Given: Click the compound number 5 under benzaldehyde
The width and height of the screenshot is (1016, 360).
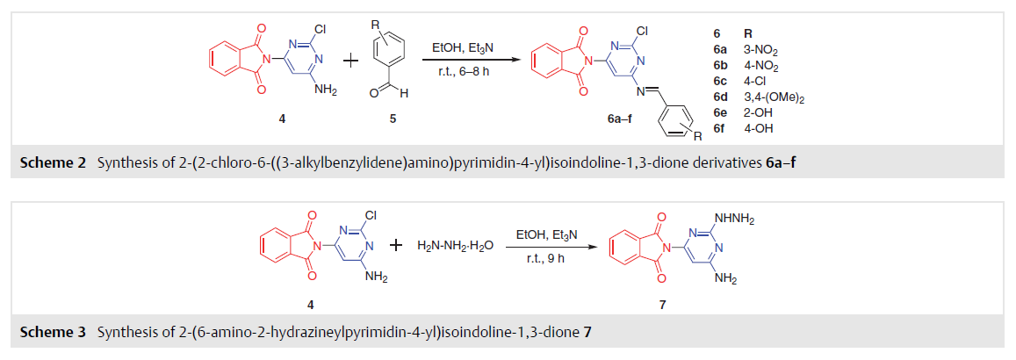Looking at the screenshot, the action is click(x=394, y=119).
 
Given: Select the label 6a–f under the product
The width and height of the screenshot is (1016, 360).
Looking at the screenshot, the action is click(x=611, y=119).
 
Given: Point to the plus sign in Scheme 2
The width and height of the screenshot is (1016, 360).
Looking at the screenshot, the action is click(x=350, y=61).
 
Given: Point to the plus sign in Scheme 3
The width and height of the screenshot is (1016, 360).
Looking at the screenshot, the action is click(x=397, y=246).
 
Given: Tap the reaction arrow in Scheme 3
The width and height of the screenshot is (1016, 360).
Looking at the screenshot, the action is click(x=546, y=246).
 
